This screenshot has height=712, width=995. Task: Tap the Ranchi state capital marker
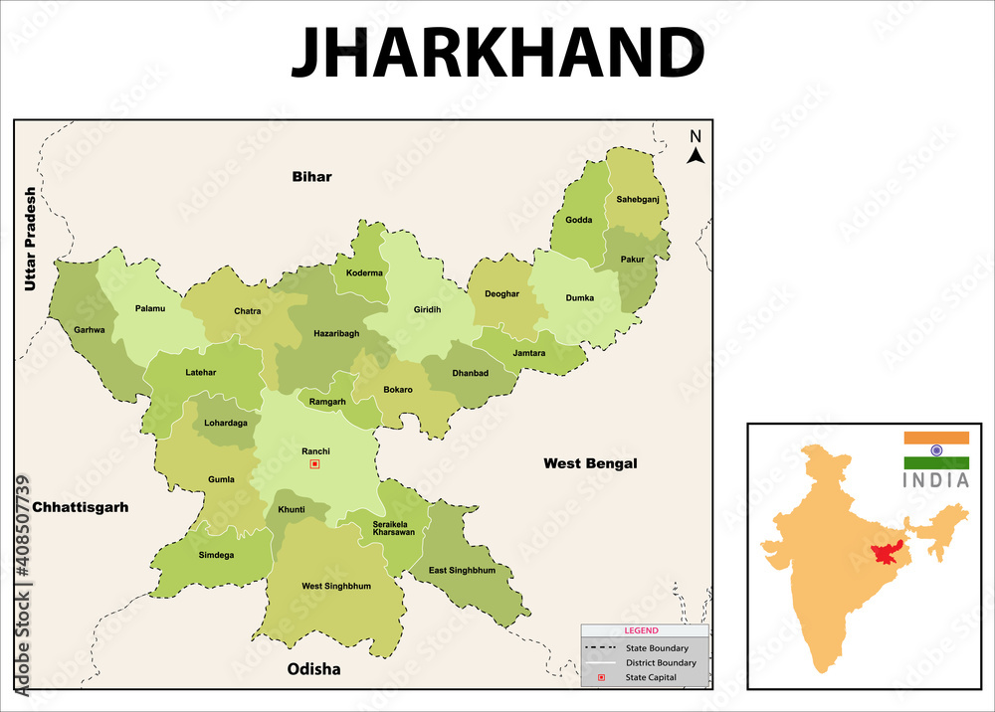click(315, 463)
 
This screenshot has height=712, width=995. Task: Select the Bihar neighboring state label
click(311, 177)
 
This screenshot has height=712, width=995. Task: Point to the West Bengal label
click(590, 463)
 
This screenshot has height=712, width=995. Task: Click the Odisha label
click(313, 669)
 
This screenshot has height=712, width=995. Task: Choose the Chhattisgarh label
click(80, 507)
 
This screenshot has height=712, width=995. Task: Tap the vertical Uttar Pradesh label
click(30, 239)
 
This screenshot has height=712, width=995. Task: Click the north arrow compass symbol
click(696, 147)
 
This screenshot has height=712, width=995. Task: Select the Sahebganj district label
click(638, 199)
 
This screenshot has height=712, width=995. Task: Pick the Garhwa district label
click(90, 330)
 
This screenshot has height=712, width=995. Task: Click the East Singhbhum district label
click(462, 570)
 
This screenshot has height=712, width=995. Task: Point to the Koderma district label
click(364, 272)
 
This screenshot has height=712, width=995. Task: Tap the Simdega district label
click(216, 555)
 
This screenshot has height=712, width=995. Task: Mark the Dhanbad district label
click(471, 373)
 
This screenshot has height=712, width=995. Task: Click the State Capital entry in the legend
click(651, 677)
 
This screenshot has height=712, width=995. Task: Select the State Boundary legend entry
click(656, 648)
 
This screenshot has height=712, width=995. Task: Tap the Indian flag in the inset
click(936, 449)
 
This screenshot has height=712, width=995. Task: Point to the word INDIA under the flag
click(936, 480)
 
